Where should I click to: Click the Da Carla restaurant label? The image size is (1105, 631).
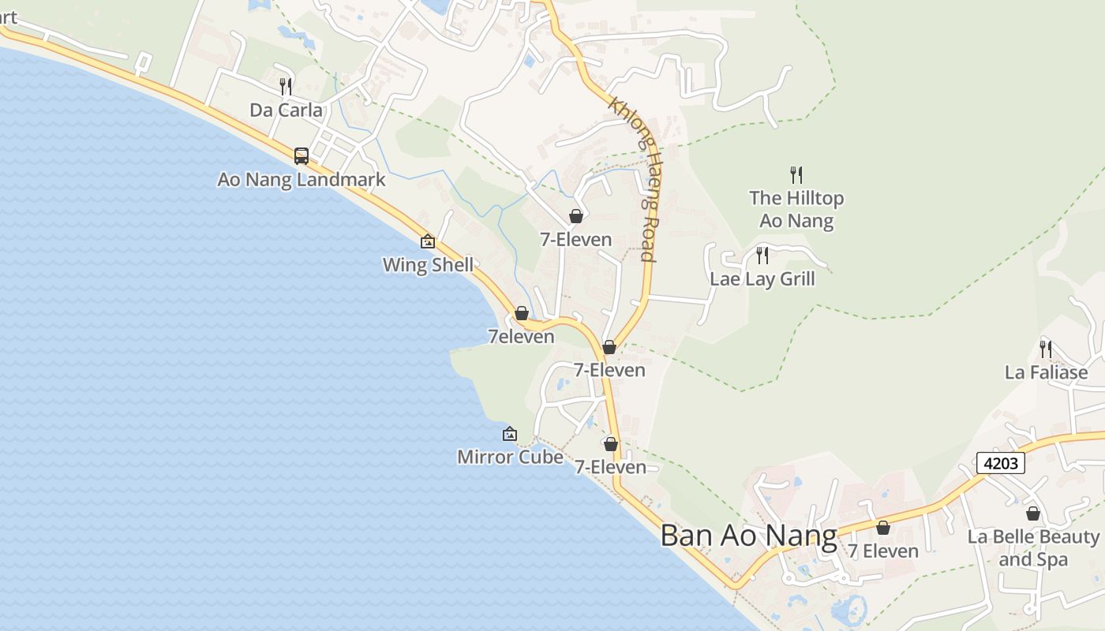click(x=286, y=110)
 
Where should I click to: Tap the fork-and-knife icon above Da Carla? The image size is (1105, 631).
click(x=286, y=86)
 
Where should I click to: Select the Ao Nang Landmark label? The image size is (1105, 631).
click(x=302, y=179)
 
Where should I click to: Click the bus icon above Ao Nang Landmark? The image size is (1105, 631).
click(x=302, y=155)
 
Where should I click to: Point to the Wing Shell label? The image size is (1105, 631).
click(x=428, y=264)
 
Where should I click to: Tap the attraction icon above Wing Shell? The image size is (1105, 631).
click(x=428, y=241)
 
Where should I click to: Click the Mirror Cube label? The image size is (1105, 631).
click(x=510, y=457)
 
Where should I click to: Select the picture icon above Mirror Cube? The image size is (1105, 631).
click(x=510, y=434)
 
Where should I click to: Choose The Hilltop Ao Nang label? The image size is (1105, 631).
click(x=796, y=209)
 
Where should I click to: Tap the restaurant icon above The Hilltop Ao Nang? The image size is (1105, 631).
click(x=796, y=175)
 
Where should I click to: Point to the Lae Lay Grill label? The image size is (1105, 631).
click(x=762, y=278)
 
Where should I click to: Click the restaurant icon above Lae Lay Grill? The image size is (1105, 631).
click(x=762, y=255)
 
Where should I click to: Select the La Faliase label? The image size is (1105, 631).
click(x=1046, y=372)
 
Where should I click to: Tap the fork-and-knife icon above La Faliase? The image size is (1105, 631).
click(x=1046, y=348)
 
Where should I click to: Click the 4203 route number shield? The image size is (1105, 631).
click(x=1000, y=463)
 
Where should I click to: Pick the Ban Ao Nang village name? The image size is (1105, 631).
click(x=748, y=536)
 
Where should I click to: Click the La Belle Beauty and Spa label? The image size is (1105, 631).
click(x=1033, y=548)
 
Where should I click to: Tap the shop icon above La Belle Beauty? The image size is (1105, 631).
click(x=1033, y=514)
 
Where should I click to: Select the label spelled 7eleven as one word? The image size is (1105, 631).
click(x=521, y=337)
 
